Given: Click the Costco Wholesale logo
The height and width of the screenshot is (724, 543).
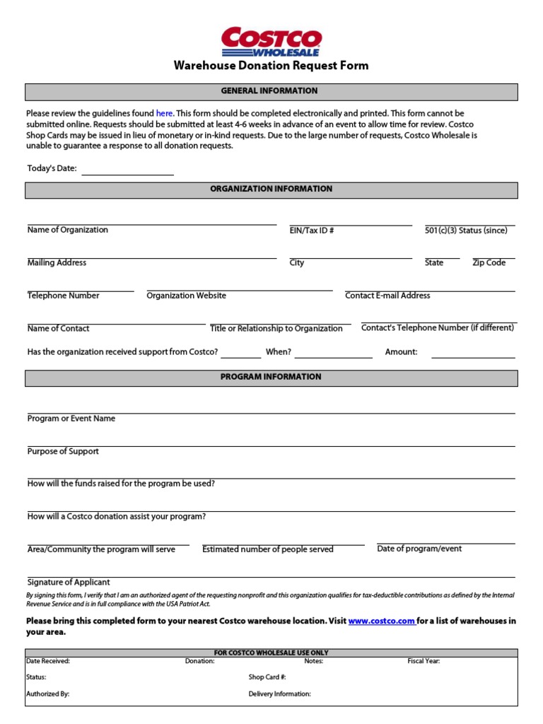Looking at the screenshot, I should click(271, 42).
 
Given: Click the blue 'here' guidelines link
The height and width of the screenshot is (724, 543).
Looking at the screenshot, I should click(164, 113).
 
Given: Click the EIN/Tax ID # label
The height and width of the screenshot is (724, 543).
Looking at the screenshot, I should click(312, 230).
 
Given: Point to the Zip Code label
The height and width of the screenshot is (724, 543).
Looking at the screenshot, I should click(489, 263).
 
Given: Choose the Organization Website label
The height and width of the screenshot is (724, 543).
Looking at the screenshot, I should click(187, 296).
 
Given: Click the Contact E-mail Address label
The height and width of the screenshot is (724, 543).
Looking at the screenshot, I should click(387, 296).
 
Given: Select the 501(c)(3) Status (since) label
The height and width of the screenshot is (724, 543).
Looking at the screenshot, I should click(466, 230).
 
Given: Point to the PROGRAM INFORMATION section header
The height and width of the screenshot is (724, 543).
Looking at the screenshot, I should click(271, 378).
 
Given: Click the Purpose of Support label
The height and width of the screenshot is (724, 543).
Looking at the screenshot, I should click(63, 451).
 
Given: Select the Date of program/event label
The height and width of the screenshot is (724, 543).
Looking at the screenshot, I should click(420, 549).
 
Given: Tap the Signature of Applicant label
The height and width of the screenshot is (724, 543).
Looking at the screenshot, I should click(69, 583).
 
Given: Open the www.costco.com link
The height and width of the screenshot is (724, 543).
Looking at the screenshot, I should click(381, 621).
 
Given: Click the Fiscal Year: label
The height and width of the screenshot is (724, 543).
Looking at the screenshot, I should click(424, 661).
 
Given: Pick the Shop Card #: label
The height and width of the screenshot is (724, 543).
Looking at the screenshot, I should click(267, 677).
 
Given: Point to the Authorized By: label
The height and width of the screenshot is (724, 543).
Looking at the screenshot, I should click(48, 694).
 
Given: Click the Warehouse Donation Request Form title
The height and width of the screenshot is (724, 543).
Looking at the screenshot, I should click(271, 66).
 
